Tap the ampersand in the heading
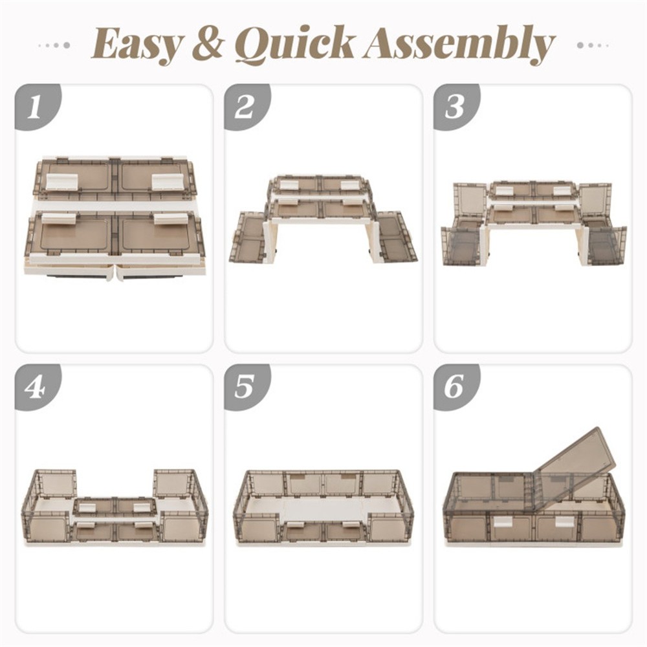(x=210, y=43)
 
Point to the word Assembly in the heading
(x=459, y=45)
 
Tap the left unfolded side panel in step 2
(x=248, y=237)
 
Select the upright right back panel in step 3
(x=594, y=203)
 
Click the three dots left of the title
(x=54, y=45)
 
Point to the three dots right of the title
(x=593, y=45)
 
